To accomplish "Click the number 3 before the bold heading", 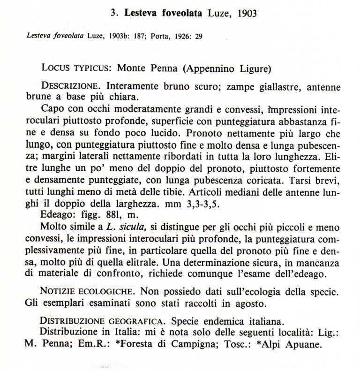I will pyautogui.click(x=113, y=13).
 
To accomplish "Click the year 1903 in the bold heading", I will pyautogui.click(x=247, y=13).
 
